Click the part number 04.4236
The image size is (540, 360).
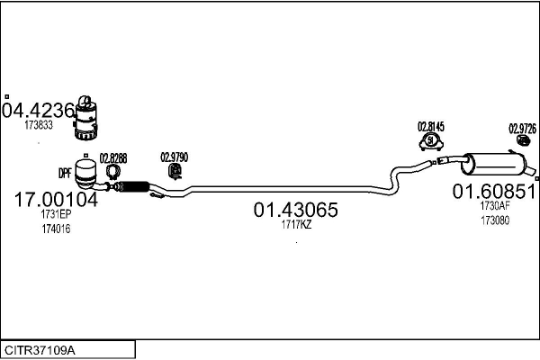[x=38, y=112]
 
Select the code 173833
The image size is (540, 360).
[x=39, y=125]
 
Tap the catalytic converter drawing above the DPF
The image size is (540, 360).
[x=89, y=117]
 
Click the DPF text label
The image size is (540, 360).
[x=65, y=172]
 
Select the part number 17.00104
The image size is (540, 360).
[x=56, y=200]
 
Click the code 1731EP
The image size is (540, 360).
[x=55, y=215]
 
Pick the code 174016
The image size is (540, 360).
[x=55, y=229]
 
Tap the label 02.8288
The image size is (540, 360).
[x=113, y=157]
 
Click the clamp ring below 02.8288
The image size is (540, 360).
[x=113, y=171]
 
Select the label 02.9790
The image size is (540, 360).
[x=174, y=156]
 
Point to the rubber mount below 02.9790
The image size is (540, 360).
[x=176, y=170]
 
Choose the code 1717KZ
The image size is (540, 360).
[x=296, y=225]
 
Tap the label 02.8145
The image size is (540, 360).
[x=430, y=127]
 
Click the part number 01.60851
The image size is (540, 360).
[x=494, y=191]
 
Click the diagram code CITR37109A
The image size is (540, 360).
[x=40, y=348]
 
